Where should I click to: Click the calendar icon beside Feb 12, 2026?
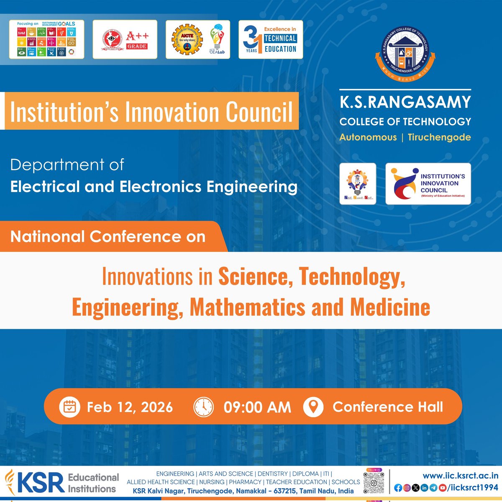[x=69, y=407]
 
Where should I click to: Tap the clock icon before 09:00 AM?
[x=203, y=407]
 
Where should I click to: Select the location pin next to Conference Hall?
[x=313, y=407]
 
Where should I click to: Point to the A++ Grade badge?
[x=125, y=39]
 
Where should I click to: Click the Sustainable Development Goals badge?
[x=46, y=39]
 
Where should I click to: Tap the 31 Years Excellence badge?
[x=271, y=39]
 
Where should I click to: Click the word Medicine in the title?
[x=390, y=307]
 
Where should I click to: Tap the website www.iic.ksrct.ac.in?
[x=460, y=475]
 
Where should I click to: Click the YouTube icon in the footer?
[x=442, y=488]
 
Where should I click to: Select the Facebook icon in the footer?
[x=398, y=488]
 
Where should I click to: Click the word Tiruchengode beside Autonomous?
[x=439, y=137]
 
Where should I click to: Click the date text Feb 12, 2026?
[x=130, y=407]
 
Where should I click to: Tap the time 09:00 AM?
[x=257, y=407]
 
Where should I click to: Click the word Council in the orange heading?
[x=259, y=112]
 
